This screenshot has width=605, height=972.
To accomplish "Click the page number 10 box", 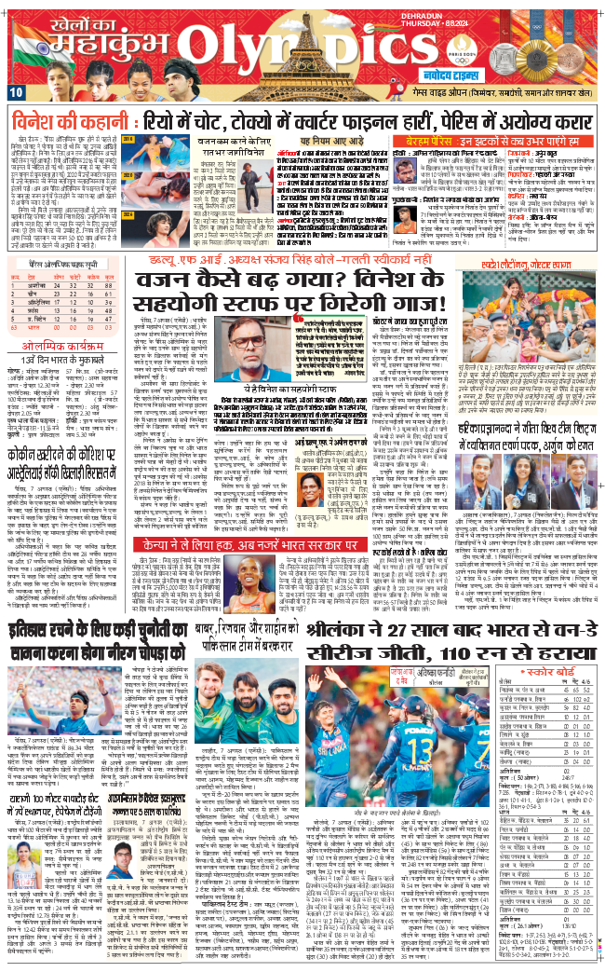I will pos(16,92).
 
